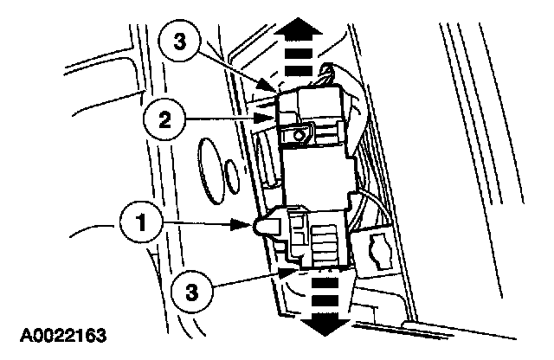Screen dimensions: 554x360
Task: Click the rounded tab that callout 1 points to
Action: coord(263,227)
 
